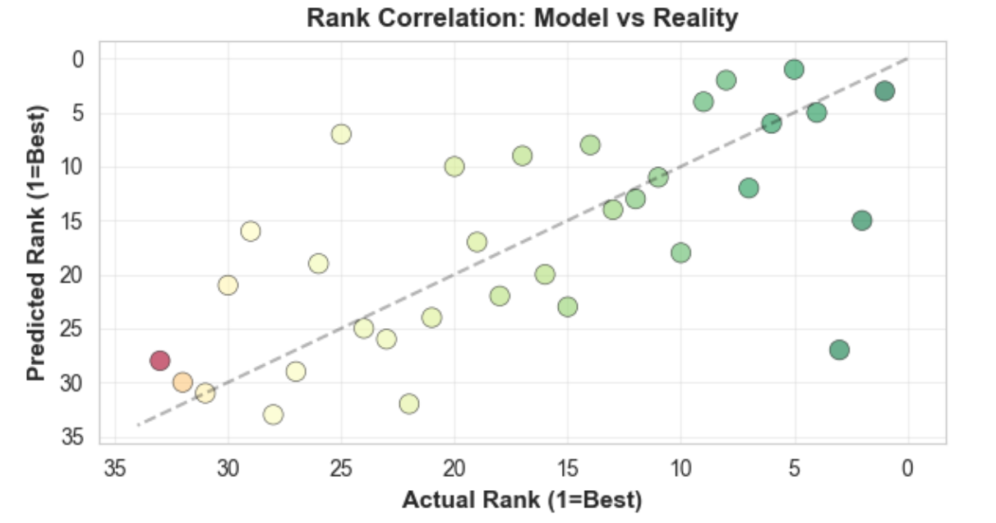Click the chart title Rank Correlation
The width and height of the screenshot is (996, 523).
point(522,18)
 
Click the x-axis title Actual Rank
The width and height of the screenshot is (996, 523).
point(522,499)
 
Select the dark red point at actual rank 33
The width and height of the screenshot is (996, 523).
point(159,360)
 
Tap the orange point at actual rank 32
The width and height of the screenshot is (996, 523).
point(182,382)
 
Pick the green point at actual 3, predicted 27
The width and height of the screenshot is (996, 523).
point(839,349)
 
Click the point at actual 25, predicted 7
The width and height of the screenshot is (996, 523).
point(341,134)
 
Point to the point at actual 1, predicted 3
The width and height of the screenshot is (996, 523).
point(884,90)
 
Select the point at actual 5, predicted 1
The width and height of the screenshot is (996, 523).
point(794,69)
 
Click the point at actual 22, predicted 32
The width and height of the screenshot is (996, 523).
point(409,404)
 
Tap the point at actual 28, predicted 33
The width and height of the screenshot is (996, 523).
point(273,414)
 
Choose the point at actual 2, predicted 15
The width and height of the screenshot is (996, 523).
point(862,220)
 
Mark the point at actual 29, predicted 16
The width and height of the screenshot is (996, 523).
point(251,231)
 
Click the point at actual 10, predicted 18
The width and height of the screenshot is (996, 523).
point(680,252)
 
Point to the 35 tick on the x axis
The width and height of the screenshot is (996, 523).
point(114,468)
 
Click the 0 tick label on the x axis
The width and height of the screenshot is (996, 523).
point(907,468)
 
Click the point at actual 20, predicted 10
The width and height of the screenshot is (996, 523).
point(454,166)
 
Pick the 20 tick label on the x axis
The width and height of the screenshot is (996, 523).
point(454,468)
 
